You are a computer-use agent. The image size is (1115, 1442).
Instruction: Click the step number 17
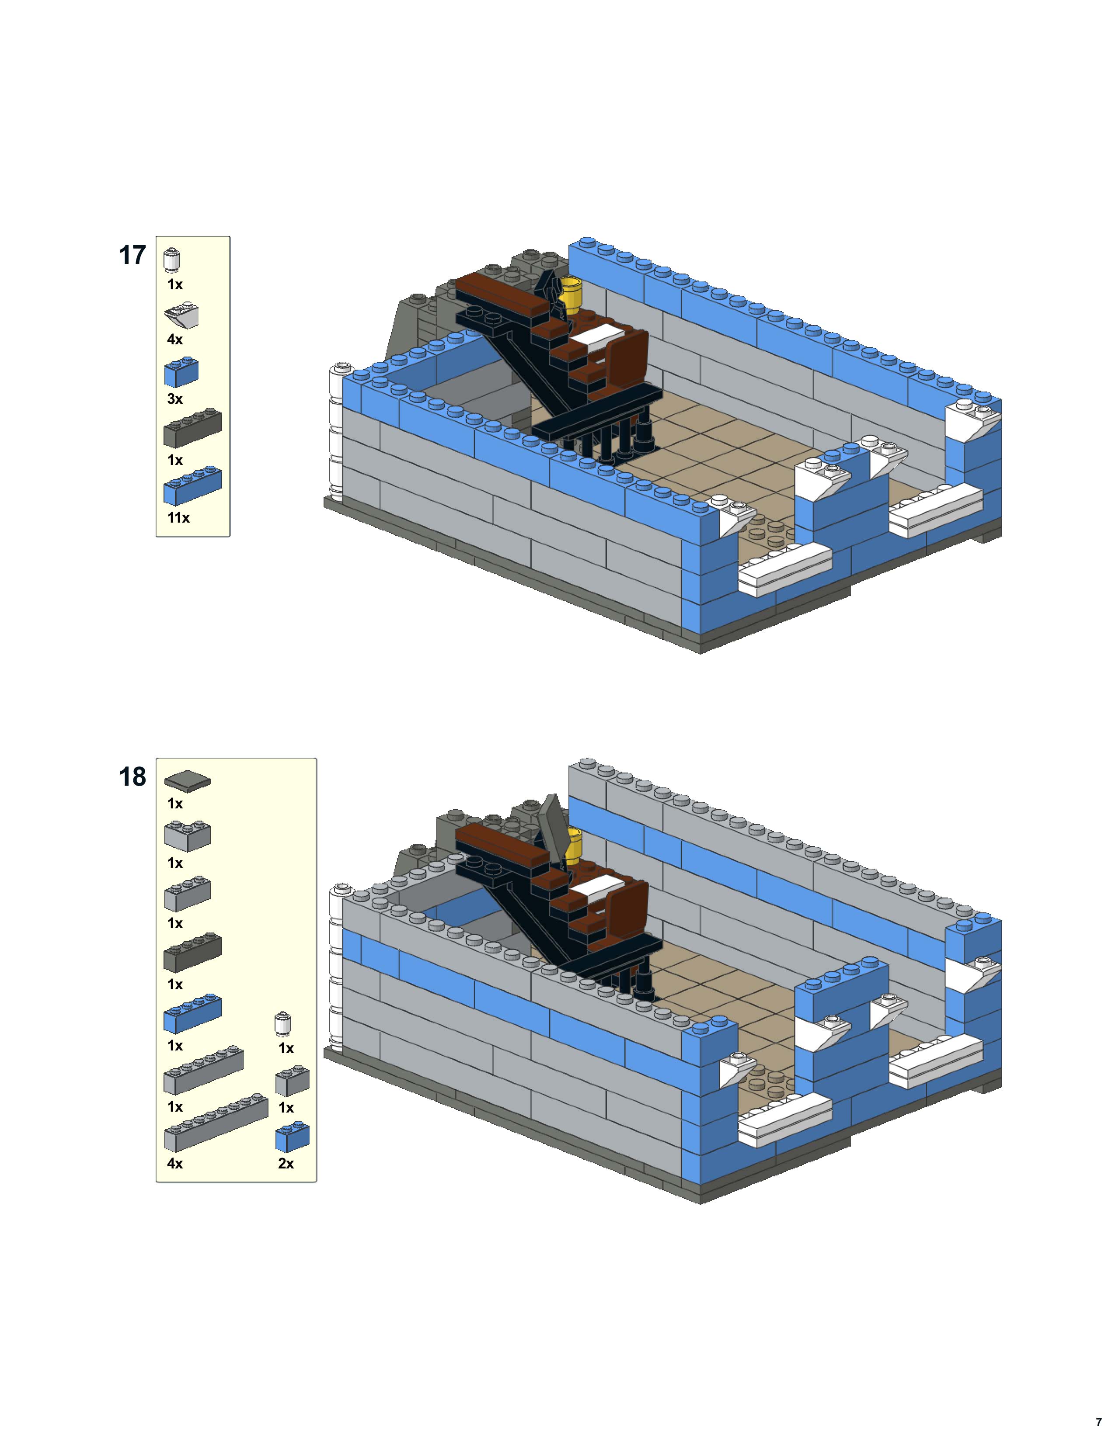click(132, 256)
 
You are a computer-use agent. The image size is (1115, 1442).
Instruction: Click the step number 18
click(132, 777)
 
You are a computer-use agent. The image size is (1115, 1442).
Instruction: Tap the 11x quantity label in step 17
click(178, 518)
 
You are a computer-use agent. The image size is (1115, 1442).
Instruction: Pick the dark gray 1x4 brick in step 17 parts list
click(192, 427)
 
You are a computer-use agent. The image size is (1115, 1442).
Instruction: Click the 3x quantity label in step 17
click(174, 399)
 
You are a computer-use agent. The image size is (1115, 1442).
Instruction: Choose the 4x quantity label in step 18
click(174, 1163)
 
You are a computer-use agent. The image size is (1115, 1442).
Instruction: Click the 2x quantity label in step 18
click(286, 1163)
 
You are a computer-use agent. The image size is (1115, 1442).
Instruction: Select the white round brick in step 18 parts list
click(283, 1023)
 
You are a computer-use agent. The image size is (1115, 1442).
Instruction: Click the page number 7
click(1098, 1421)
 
